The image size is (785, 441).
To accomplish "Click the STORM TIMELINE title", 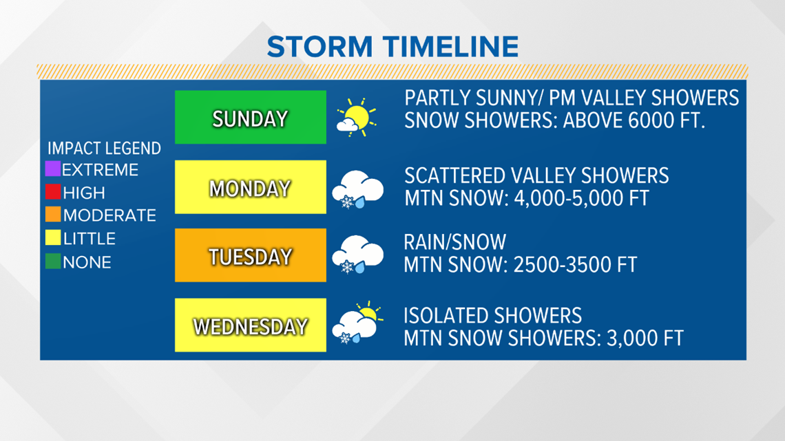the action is [x=392, y=47].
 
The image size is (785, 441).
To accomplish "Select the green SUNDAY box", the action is [x=251, y=117].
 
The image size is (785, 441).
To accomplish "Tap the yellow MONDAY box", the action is [x=251, y=187].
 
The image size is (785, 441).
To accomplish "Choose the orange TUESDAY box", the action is [x=251, y=255].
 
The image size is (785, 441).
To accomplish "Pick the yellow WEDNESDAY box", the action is [x=251, y=325].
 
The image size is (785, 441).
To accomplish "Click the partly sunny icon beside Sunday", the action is [x=357, y=118].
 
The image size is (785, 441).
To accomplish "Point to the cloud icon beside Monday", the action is [x=357, y=189].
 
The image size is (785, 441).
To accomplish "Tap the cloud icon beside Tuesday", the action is [x=357, y=255].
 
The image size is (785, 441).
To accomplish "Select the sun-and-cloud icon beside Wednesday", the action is [x=358, y=323].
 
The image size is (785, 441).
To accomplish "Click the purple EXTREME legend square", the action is [x=52, y=169].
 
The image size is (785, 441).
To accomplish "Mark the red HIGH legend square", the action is [x=52, y=191].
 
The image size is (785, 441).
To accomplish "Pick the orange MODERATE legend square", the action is [x=52, y=215].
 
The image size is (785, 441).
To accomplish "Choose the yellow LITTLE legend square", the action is [x=52, y=237].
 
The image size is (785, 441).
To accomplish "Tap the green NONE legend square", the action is [x=52, y=261].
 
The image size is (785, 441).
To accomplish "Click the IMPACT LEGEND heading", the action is [x=104, y=149].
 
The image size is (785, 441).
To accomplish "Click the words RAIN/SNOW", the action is [x=455, y=242].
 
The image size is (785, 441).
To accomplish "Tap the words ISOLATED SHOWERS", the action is [x=492, y=316].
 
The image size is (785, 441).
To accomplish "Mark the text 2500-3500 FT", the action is [x=575, y=265].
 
